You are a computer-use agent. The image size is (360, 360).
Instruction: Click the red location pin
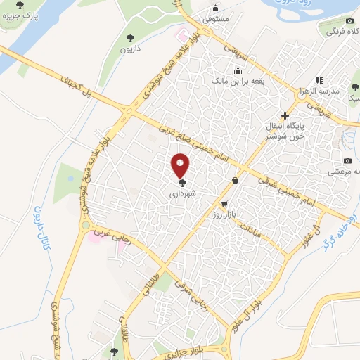(x=181, y=165)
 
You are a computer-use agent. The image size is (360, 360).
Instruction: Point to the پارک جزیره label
(x=21, y=14)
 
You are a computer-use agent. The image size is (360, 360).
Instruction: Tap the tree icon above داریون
(x=129, y=38)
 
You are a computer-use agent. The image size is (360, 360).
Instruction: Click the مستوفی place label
(x=217, y=20)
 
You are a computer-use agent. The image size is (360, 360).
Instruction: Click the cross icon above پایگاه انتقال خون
(x=285, y=115)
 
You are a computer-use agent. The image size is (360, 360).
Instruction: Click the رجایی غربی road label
(x=120, y=241)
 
